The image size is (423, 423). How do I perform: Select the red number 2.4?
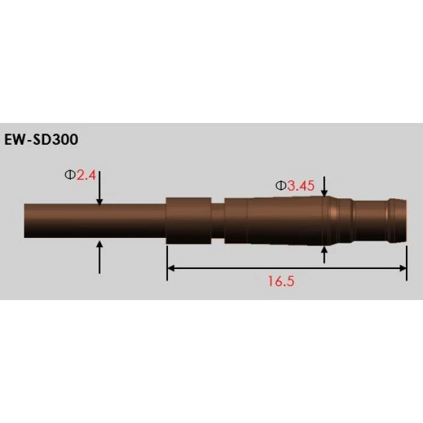(87, 175)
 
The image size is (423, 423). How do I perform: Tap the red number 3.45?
(301, 186)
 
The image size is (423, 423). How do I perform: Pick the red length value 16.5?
(280, 281)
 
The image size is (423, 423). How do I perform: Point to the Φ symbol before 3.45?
(280, 186)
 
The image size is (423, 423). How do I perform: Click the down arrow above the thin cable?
(99, 192)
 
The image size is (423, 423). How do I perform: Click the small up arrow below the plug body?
(324, 255)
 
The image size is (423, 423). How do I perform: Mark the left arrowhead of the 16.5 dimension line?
(171, 268)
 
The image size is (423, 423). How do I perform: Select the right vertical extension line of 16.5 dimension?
(406, 261)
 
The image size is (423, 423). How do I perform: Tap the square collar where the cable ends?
(188, 220)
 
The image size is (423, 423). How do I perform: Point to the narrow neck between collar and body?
(217, 221)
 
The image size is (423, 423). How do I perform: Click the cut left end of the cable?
(26, 220)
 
